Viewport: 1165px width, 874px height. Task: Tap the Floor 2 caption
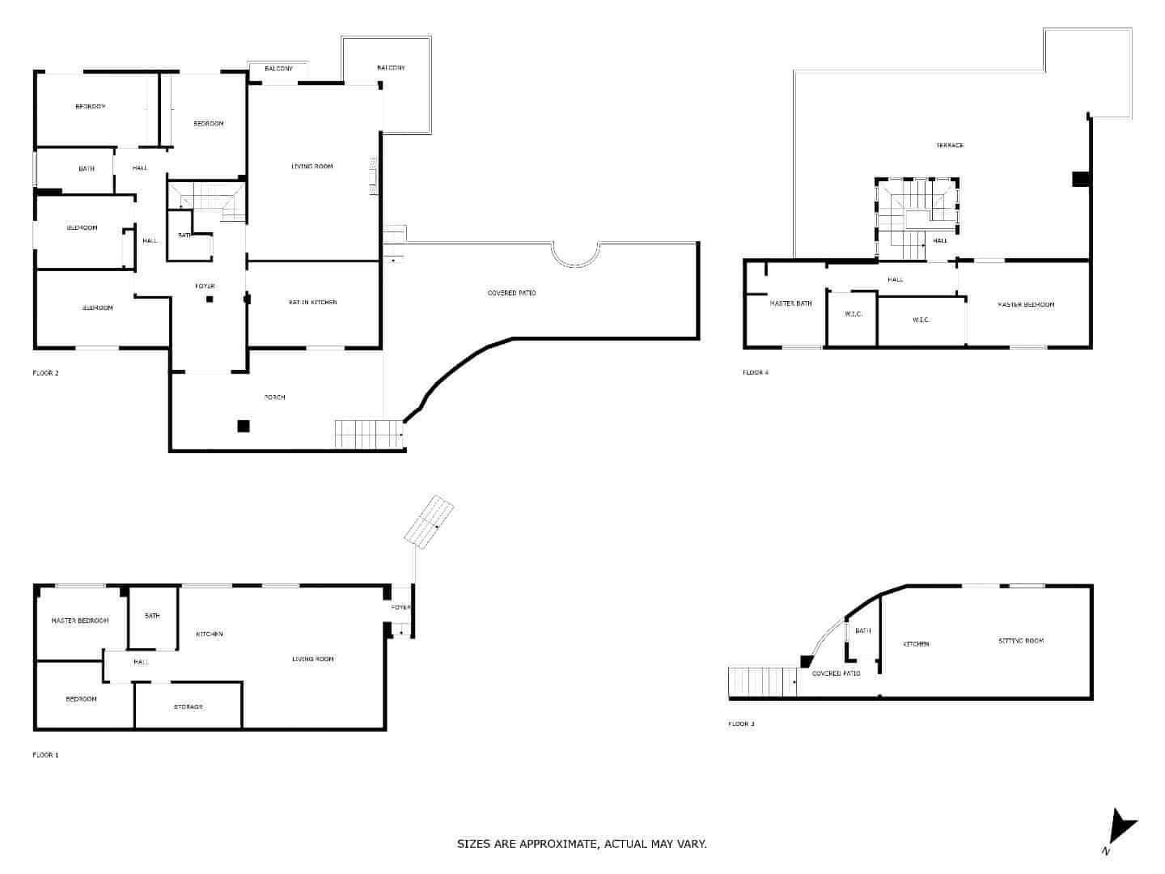tap(45, 373)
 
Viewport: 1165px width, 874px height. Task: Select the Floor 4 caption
tap(756, 372)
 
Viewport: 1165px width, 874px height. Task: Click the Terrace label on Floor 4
tap(950, 146)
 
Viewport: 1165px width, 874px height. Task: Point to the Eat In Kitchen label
tap(312, 303)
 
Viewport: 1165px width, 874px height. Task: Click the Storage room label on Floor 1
tap(188, 707)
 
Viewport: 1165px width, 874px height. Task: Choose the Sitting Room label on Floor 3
tap(1020, 641)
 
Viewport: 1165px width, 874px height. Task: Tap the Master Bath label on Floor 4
tap(790, 304)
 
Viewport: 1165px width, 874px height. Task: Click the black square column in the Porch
tap(243, 426)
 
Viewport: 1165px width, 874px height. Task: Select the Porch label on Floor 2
tap(274, 397)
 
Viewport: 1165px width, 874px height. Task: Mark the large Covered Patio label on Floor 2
tap(511, 293)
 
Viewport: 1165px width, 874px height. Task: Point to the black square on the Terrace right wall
tap(1080, 179)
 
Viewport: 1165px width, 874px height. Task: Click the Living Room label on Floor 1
tap(312, 660)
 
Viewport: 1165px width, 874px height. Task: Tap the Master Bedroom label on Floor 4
tap(1025, 305)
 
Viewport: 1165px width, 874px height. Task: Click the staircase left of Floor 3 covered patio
tap(761, 682)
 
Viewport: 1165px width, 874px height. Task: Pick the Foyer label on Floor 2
tap(205, 286)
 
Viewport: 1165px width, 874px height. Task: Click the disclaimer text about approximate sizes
tap(582, 844)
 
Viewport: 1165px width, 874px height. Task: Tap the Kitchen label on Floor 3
tap(916, 644)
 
